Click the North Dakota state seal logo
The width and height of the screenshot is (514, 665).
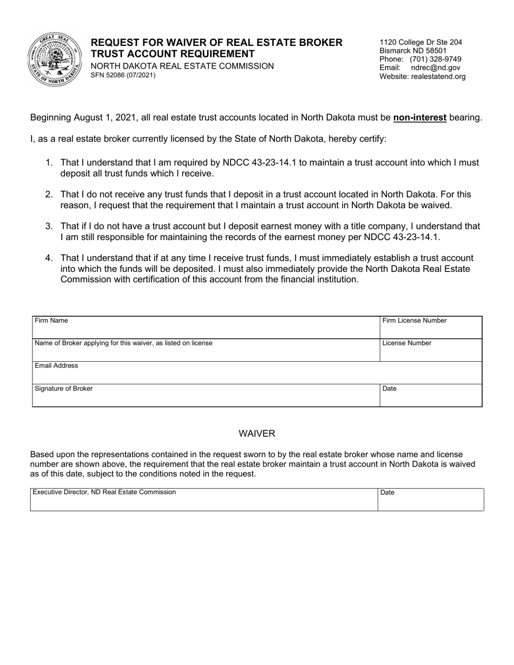(x=54, y=59)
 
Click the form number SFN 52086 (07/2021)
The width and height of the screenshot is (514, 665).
(x=123, y=75)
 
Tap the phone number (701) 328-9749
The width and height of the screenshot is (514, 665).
(x=435, y=59)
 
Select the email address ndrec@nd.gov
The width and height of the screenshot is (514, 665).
(x=436, y=68)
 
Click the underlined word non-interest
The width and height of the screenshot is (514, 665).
(x=419, y=117)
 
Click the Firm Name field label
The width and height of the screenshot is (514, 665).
(x=51, y=321)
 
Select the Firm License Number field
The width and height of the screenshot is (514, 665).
(x=430, y=327)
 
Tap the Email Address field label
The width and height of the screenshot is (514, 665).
(x=56, y=365)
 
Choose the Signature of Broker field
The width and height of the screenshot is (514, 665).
(x=206, y=395)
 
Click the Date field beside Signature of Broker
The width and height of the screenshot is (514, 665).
(x=430, y=395)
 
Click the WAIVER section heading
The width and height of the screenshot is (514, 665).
(x=257, y=434)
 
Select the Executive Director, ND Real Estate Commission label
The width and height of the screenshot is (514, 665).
(x=104, y=492)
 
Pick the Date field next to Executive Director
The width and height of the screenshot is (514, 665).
(x=430, y=500)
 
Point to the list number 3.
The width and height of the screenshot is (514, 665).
(x=49, y=226)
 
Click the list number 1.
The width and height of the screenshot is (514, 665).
(x=49, y=162)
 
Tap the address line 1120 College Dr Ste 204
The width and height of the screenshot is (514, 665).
(x=420, y=42)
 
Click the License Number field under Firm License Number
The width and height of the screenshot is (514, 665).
(x=430, y=350)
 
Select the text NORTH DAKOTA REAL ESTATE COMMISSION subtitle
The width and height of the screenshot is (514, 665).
(x=182, y=66)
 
